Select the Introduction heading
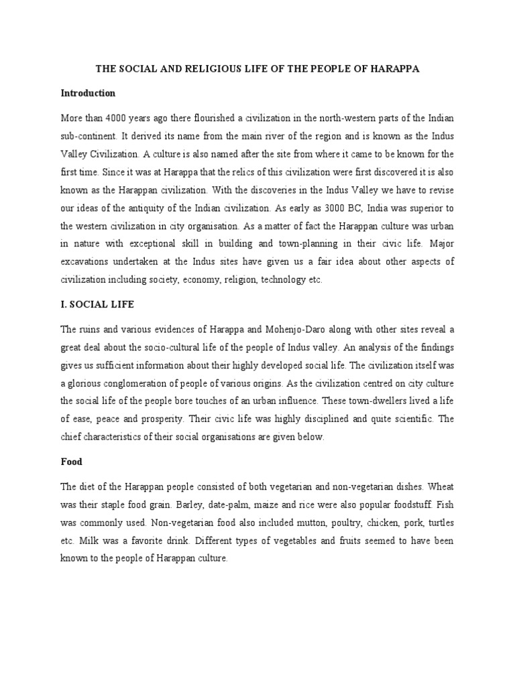(x=88, y=93)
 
